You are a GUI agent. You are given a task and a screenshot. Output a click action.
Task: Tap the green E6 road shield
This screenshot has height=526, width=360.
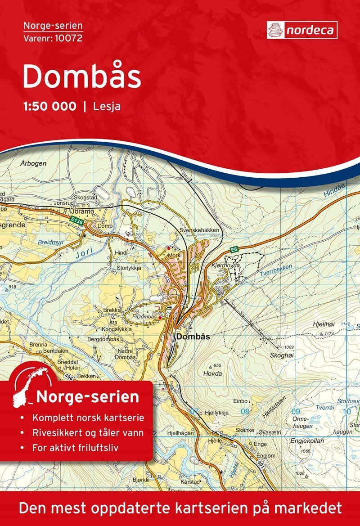234,249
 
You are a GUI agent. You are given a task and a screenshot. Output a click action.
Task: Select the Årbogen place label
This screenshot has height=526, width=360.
33,163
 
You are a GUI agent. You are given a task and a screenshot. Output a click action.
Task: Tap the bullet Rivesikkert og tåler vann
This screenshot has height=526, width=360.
88,433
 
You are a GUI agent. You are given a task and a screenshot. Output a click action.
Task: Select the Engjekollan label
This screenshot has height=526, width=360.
307,441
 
